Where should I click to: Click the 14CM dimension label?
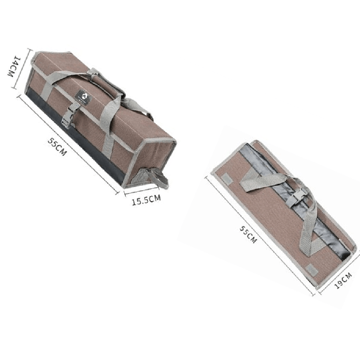click(x=14, y=66)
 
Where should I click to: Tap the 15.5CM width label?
click(x=146, y=200)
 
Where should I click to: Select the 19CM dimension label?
click(x=343, y=280)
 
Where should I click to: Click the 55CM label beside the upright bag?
click(x=57, y=147)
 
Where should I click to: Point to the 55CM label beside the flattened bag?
click(x=248, y=234)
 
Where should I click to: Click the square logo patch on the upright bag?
click(x=84, y=97)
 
